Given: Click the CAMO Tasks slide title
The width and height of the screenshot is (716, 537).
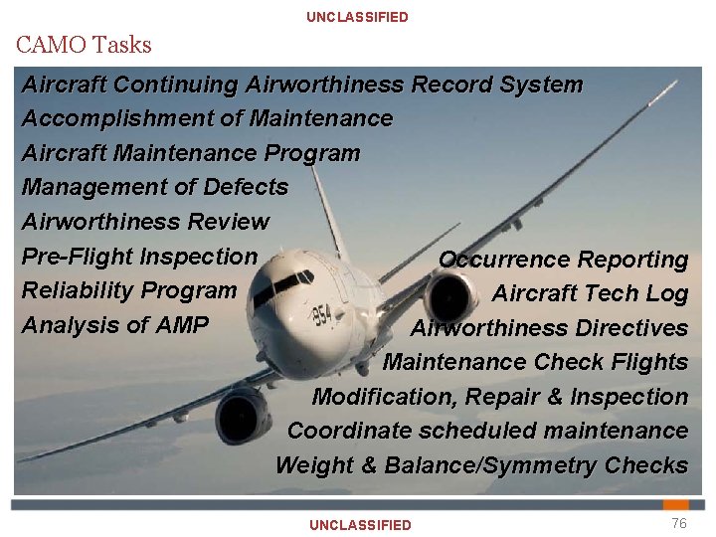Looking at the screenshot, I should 84,45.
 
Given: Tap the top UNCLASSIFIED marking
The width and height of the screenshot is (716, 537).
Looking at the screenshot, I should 357,17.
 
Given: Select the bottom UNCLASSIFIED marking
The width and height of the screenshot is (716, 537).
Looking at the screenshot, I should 360,525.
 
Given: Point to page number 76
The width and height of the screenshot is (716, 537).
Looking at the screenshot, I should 678,524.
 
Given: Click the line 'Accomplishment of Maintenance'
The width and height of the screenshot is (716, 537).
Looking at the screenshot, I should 207,118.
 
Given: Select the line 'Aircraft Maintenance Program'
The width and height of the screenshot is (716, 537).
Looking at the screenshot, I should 190,153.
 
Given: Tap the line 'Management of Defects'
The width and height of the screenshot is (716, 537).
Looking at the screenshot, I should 154,187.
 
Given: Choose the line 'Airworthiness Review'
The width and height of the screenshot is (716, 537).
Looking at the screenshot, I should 145,222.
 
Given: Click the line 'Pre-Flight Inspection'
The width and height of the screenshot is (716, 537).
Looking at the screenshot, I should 139,257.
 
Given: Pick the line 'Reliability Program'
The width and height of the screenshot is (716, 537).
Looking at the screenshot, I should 128,290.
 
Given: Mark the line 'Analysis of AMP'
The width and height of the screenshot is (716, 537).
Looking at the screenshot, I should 114,325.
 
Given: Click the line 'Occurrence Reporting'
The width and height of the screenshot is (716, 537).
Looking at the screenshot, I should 563,260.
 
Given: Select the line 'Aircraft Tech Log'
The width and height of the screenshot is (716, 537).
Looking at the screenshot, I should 590,293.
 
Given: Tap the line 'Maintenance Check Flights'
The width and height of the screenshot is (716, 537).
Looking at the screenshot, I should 535,362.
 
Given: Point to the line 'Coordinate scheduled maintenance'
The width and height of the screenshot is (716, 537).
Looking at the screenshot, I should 487,431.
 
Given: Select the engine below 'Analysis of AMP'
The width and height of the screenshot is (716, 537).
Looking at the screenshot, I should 242,413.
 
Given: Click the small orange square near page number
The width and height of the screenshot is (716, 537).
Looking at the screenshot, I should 676,505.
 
